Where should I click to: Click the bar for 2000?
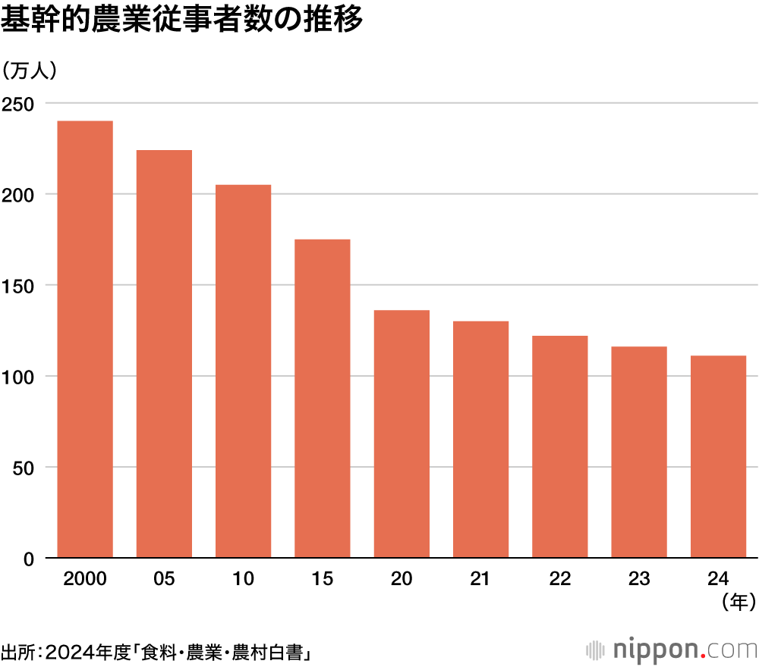tap(85, 340)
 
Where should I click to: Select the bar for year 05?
tap(164, 354)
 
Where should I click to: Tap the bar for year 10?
tap(243, 371)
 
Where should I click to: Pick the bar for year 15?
tap(323, 399)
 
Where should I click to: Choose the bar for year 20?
tap(402, 434)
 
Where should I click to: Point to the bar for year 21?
tap(480, 440)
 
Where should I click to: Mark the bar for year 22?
tap(560, 447)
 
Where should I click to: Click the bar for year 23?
tap(639, 452)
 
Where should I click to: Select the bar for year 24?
tap(718, 457)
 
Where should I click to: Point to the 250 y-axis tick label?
tap(18, 103)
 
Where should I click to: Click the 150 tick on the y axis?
tap(18, 286)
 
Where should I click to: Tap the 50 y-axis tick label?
tap(25, 468)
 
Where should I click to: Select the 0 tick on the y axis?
tap(30, 559)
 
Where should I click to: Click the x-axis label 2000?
tap(85, 580)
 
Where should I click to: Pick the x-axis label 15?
tap(323, 580)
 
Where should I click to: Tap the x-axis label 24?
tap(718, 580)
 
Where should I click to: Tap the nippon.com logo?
tap(672, 650)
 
